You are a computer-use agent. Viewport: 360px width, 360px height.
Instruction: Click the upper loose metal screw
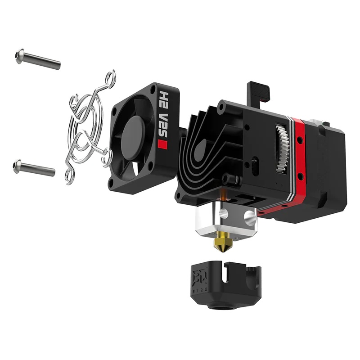[38, 58]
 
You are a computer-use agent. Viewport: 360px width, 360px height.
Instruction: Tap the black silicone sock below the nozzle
[224, 281]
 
